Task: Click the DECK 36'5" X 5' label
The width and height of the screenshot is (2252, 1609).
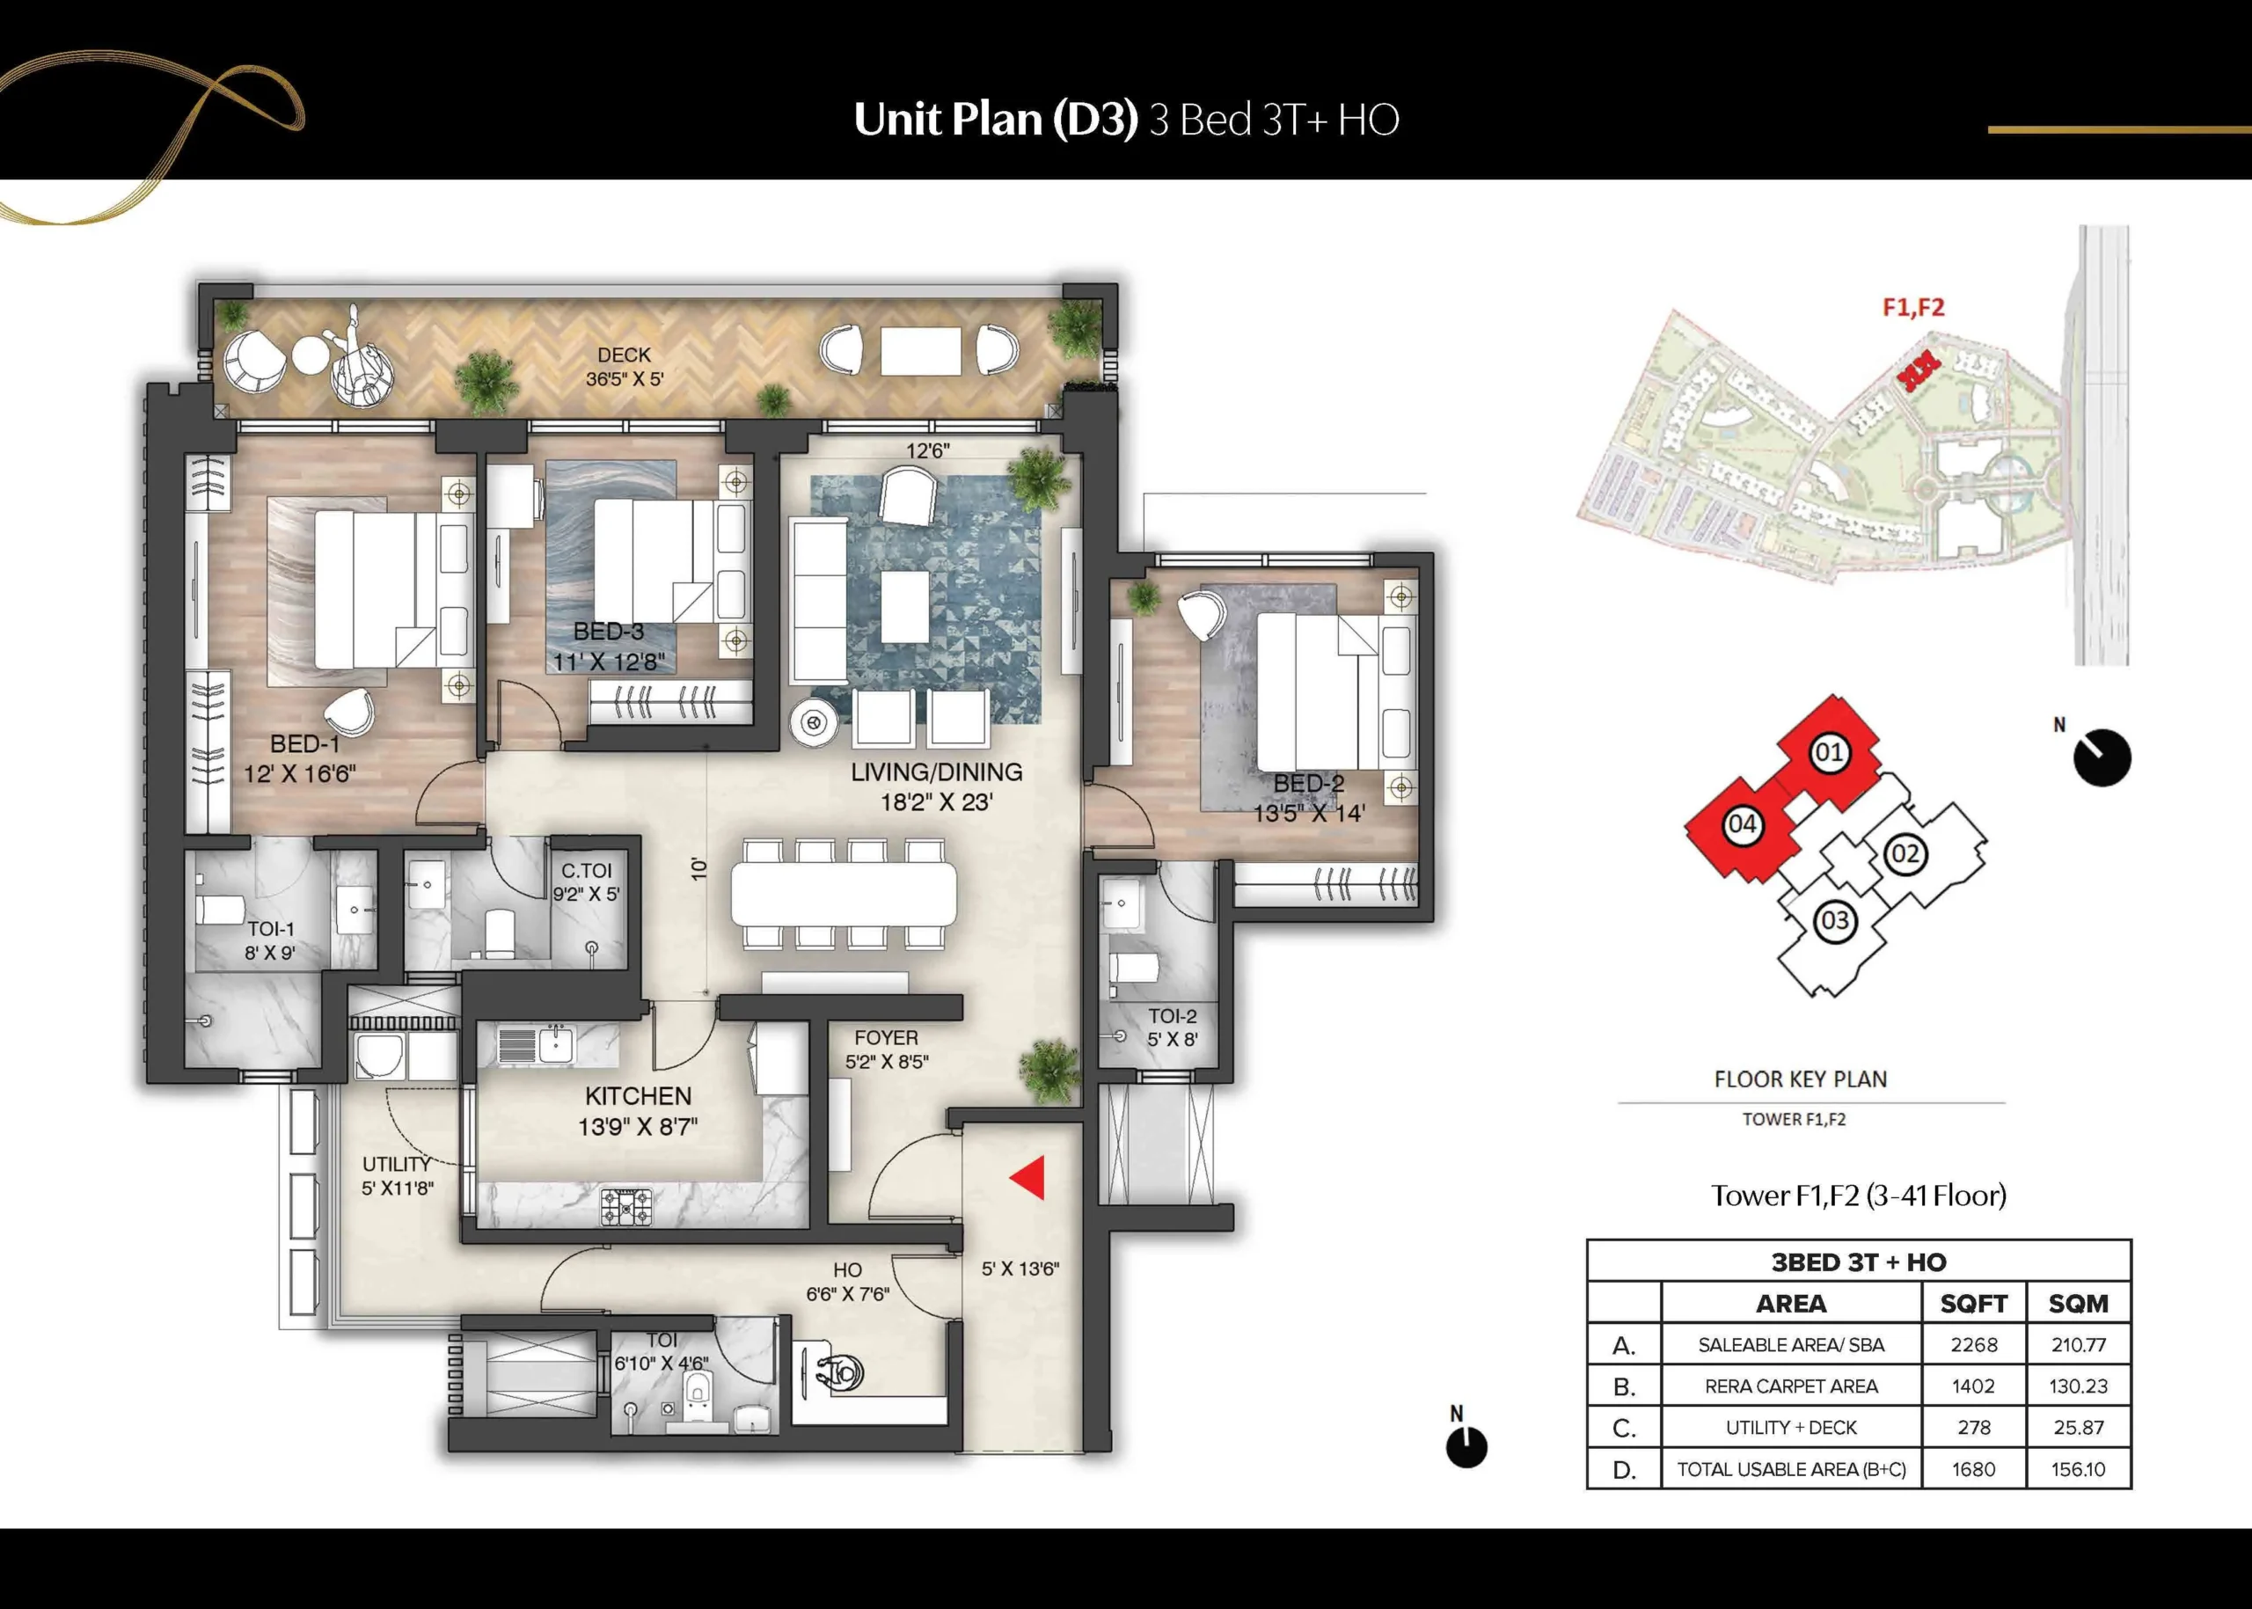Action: pos(625,367)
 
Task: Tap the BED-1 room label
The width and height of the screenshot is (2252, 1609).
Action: pos(305,744)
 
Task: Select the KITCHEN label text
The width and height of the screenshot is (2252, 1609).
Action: pos(638,1096)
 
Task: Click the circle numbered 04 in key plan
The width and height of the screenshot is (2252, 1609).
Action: pos(1742,824)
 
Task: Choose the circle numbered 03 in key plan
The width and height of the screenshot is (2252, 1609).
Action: pos(1834,921)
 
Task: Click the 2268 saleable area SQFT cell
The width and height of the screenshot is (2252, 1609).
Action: pos(1974,1344)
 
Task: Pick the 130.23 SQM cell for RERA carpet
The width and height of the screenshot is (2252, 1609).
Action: pos(2078,1386)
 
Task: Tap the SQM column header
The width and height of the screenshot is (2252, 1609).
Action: pos(2078,1304)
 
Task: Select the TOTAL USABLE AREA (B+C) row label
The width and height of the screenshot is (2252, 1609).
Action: pos(1791,1469)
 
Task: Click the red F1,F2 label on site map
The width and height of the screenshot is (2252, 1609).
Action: pos(1913,307)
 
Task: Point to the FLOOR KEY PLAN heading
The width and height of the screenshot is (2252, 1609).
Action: pos(1800,1079)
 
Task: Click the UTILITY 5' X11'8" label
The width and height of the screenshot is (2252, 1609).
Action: pos(398,1176)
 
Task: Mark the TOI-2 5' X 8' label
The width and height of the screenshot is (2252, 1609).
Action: pos(1172,1028)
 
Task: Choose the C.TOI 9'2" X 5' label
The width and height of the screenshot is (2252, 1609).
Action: pos(587,881)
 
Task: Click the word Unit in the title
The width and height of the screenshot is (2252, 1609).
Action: pos(896,119)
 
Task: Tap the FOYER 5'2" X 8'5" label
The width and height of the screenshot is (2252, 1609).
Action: pos(887,1050)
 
